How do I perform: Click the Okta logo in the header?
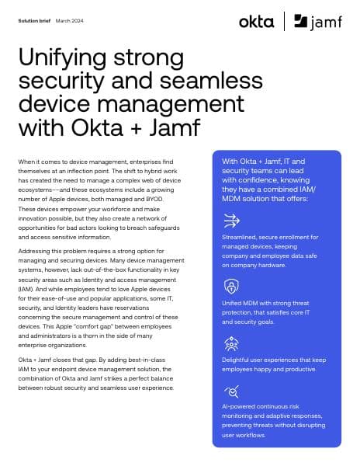coord(256,21)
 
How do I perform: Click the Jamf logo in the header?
coord(320,22)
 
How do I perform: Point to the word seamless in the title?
coord(178,81)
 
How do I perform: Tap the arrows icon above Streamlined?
coord(231,220)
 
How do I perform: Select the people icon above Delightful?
coord(231,343)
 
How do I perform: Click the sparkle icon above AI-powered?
coord(231,392)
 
